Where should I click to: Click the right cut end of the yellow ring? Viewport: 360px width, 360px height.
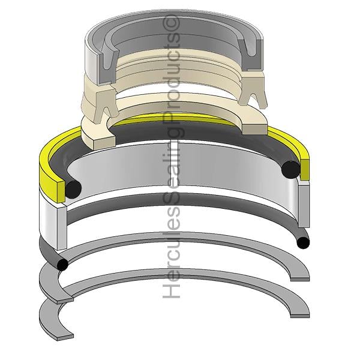point(304,169)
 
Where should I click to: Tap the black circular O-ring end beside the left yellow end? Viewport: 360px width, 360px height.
point(73,189)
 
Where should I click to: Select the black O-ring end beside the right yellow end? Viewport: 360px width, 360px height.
point(290,170)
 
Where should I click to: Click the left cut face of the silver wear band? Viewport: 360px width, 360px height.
point(61,228)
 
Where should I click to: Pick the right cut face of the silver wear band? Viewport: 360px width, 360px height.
point(304,205)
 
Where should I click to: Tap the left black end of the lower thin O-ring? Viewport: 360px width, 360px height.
point(62,264)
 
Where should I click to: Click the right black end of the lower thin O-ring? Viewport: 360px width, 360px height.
point(303,242)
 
